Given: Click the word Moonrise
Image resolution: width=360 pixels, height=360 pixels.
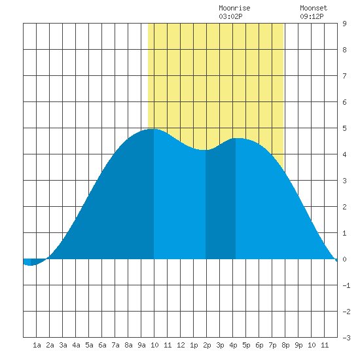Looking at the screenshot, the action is tap(234, 8).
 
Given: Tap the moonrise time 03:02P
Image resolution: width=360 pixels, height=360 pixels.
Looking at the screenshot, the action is tap(230, 16).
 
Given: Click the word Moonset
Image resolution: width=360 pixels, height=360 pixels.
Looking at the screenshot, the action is tap(314, 8).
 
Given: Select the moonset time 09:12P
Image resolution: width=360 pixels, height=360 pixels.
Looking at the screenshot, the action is tap(312, 16).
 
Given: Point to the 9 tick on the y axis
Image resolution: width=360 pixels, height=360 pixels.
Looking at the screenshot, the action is tap(344, 24).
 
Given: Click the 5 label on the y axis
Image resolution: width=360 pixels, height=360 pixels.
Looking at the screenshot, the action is tap(344, 128).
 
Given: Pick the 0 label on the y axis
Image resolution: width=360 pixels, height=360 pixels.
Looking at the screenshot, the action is tap(344, 259).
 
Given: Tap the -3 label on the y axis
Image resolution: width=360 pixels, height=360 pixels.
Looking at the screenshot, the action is tap(346, 338).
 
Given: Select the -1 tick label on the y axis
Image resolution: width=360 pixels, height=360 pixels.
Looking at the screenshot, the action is tap(346, 285).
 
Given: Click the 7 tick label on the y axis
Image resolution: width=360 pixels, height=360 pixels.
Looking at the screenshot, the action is tap(344, 76).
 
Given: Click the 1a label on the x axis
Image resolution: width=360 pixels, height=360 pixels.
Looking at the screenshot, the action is tap(37, 345).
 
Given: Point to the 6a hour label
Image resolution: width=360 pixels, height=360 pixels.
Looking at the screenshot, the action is tap(102, 345).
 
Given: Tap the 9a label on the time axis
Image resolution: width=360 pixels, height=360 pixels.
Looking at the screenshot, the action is tap(141, 345).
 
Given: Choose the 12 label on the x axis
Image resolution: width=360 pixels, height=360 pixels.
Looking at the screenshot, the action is tap(181, 345).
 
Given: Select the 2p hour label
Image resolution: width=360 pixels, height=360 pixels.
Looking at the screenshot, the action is tap(207, 345).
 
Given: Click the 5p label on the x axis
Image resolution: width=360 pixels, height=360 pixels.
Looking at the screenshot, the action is tap(246, 345).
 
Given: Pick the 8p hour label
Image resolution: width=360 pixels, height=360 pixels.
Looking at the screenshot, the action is tap(285, 345).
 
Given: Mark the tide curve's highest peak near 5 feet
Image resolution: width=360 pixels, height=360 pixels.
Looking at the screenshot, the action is tap(154, 129).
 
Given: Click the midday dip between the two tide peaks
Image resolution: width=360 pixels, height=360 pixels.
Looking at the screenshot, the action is tap(204, 150).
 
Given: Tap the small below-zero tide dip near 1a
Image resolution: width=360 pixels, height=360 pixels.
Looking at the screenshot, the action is tap(30, 265).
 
